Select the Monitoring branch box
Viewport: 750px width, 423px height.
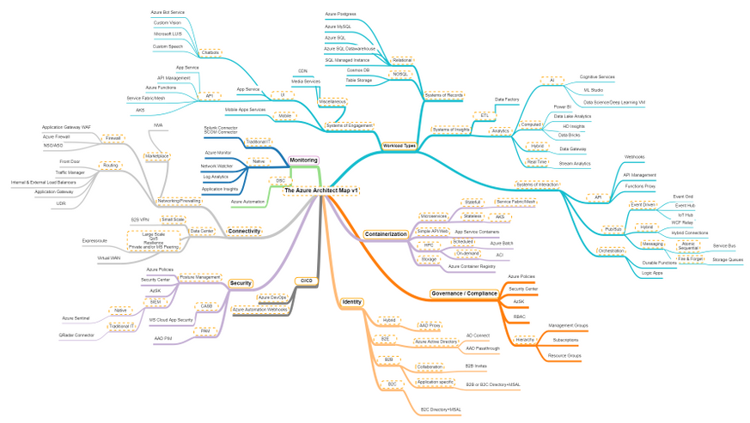pos(303,160)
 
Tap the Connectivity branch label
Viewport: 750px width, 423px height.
pos(244,231)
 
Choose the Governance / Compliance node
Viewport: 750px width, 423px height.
pos(464,293)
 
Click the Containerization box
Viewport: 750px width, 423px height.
pos(386,233)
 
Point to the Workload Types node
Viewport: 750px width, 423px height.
pos(399,146)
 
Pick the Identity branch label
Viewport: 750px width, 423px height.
pos(352,302)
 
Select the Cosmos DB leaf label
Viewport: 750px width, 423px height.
pos(359,69)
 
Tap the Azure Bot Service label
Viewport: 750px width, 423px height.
pos(168,12)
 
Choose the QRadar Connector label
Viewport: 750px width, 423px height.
pos(76,335)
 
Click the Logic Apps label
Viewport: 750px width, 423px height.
pos(653,272)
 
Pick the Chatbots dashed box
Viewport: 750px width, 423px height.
pos(210,53)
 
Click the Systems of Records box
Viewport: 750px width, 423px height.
pos(444,94)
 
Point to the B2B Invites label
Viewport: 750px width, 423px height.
pos(481,366)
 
